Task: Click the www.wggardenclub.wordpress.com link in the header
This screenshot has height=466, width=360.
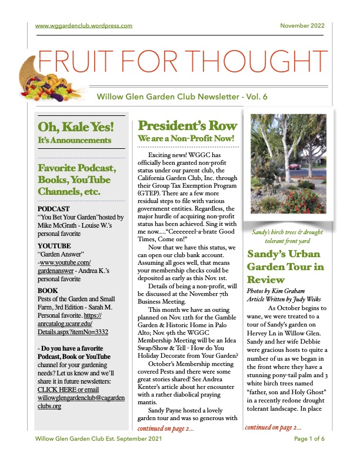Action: coord(84,26)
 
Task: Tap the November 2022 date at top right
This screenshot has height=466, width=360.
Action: coord(302,26)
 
